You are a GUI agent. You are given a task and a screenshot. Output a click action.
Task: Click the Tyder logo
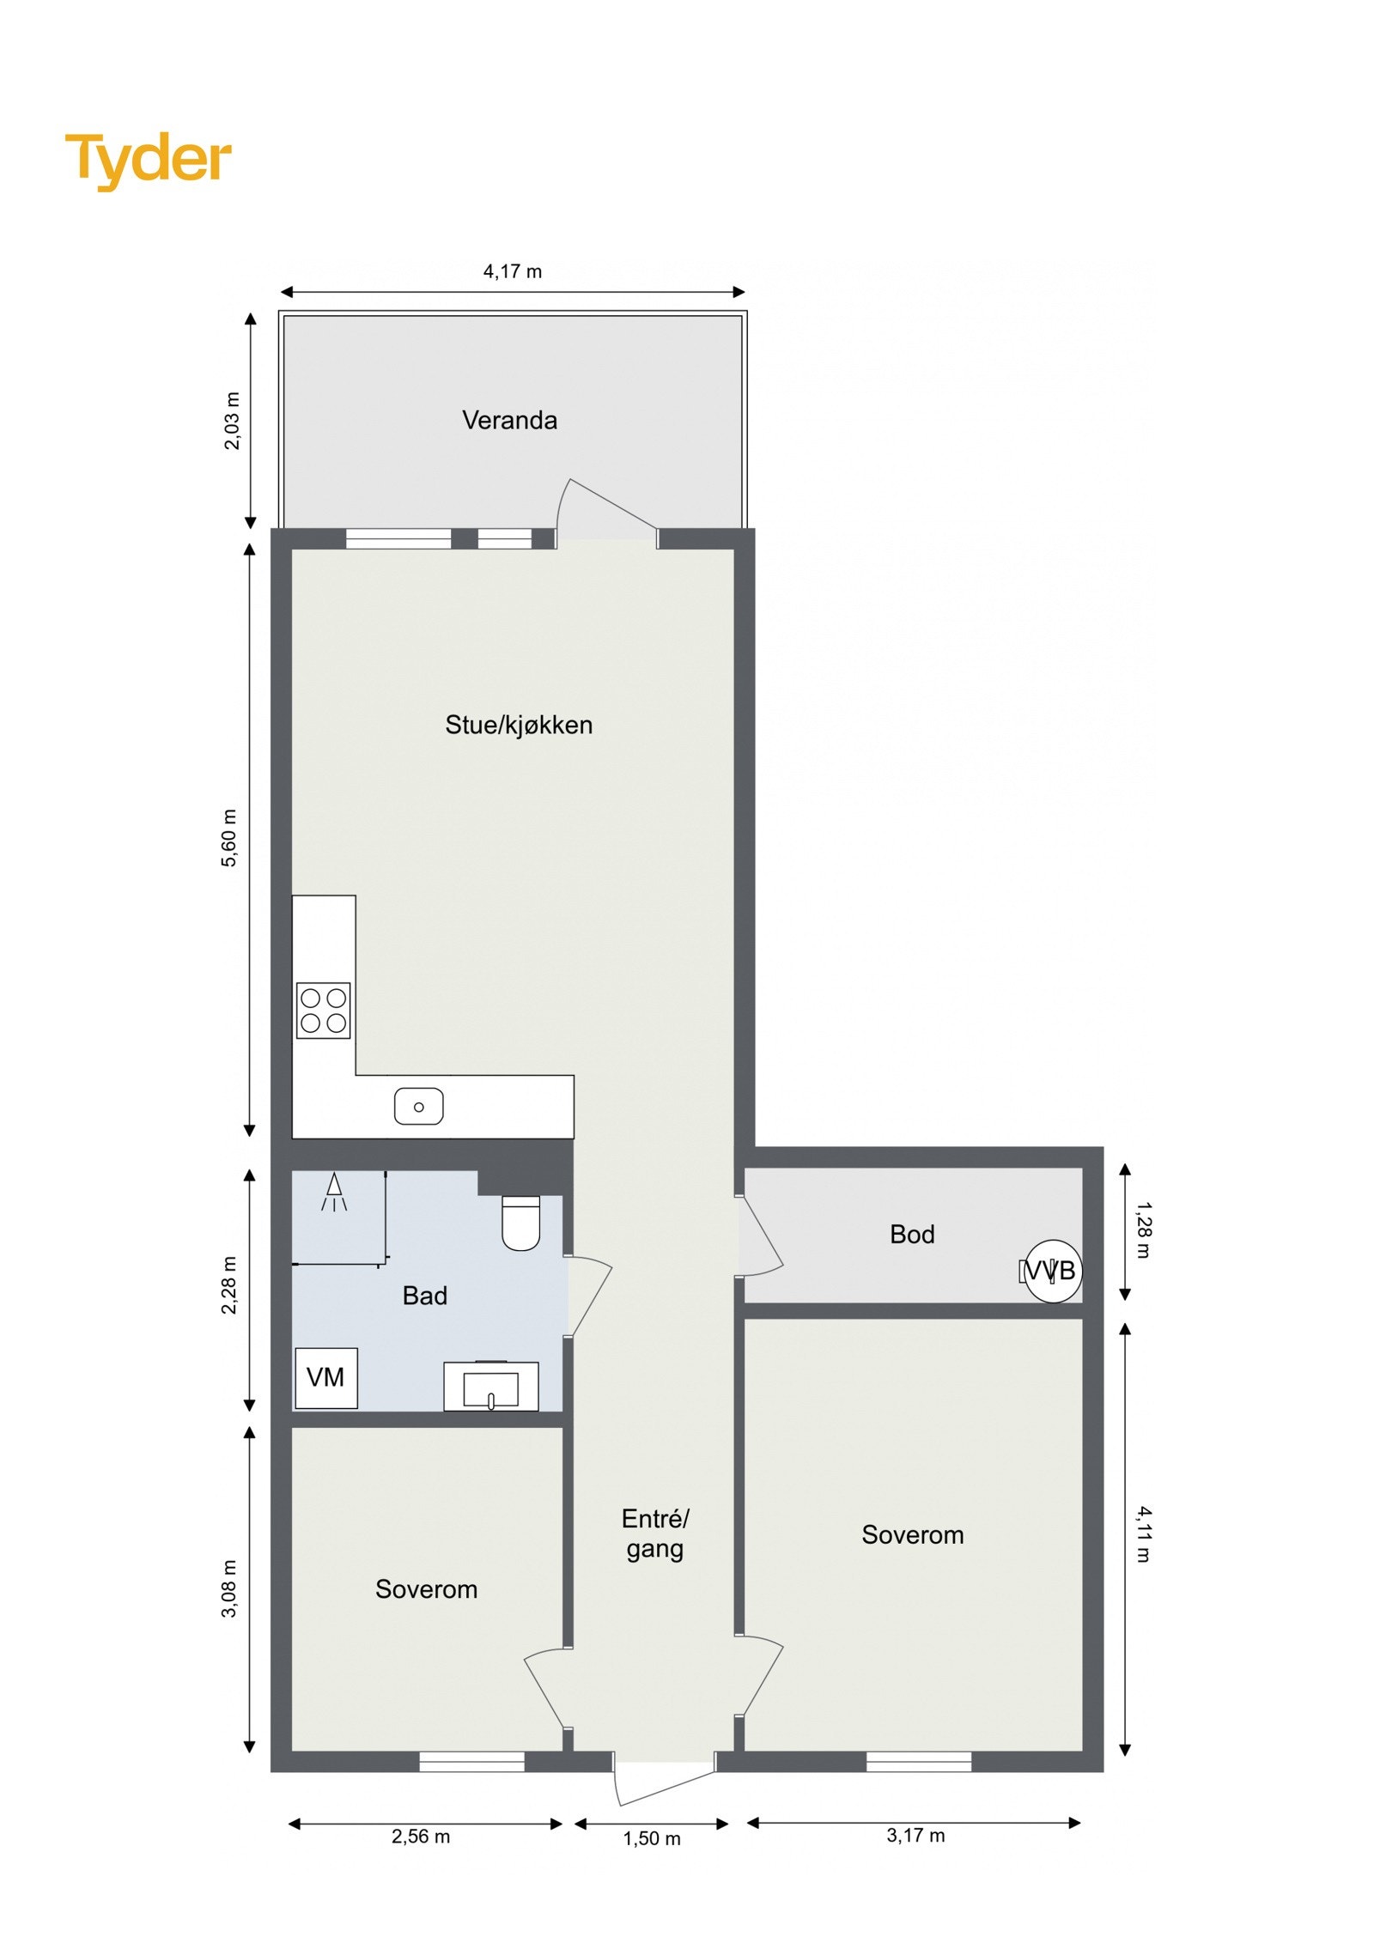[148, 161]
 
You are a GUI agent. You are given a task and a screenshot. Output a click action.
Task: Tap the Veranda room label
[509, 421]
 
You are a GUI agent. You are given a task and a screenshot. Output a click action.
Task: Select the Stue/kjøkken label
[518, 726]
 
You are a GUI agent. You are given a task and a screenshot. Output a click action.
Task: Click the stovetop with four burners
[323, 1010]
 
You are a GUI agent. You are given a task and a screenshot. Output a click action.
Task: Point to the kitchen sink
[418, 1107]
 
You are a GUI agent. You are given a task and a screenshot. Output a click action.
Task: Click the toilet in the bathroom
[520, 1223]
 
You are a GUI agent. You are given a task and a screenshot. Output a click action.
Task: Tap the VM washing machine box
[325, 1378]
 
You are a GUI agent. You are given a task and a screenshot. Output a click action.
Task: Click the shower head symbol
[334, 1189]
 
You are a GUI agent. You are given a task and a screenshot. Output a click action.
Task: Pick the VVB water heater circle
[1053, 1271]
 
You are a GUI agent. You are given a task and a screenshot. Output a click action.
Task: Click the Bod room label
[911, 1235]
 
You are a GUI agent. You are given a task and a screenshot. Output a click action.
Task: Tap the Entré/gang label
[655, 1533]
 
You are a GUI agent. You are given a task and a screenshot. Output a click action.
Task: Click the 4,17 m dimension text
[513, 272]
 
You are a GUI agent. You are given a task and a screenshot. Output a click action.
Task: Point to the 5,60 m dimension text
[229, 838]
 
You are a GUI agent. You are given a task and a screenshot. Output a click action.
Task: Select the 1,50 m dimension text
[652, 1838]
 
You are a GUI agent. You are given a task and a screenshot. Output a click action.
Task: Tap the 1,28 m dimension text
[1143, 1230]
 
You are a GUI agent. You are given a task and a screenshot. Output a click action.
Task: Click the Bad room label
[424, 1296]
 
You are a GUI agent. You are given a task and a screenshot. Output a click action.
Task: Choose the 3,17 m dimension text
[915, 1836]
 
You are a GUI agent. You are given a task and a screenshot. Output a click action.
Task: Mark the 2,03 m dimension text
[232, 421]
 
